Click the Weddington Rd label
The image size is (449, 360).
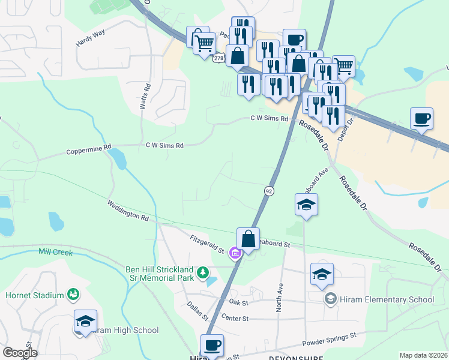pos(127,211)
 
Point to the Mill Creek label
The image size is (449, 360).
pos(55,252)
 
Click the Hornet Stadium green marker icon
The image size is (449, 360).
pos(73,295)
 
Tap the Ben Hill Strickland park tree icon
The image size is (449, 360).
pos(203,274)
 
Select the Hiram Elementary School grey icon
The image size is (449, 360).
pos(330,299)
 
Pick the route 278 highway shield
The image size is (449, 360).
pos(218,58)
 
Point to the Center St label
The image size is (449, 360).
pos(235,317)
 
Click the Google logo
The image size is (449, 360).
pos(20,353)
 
